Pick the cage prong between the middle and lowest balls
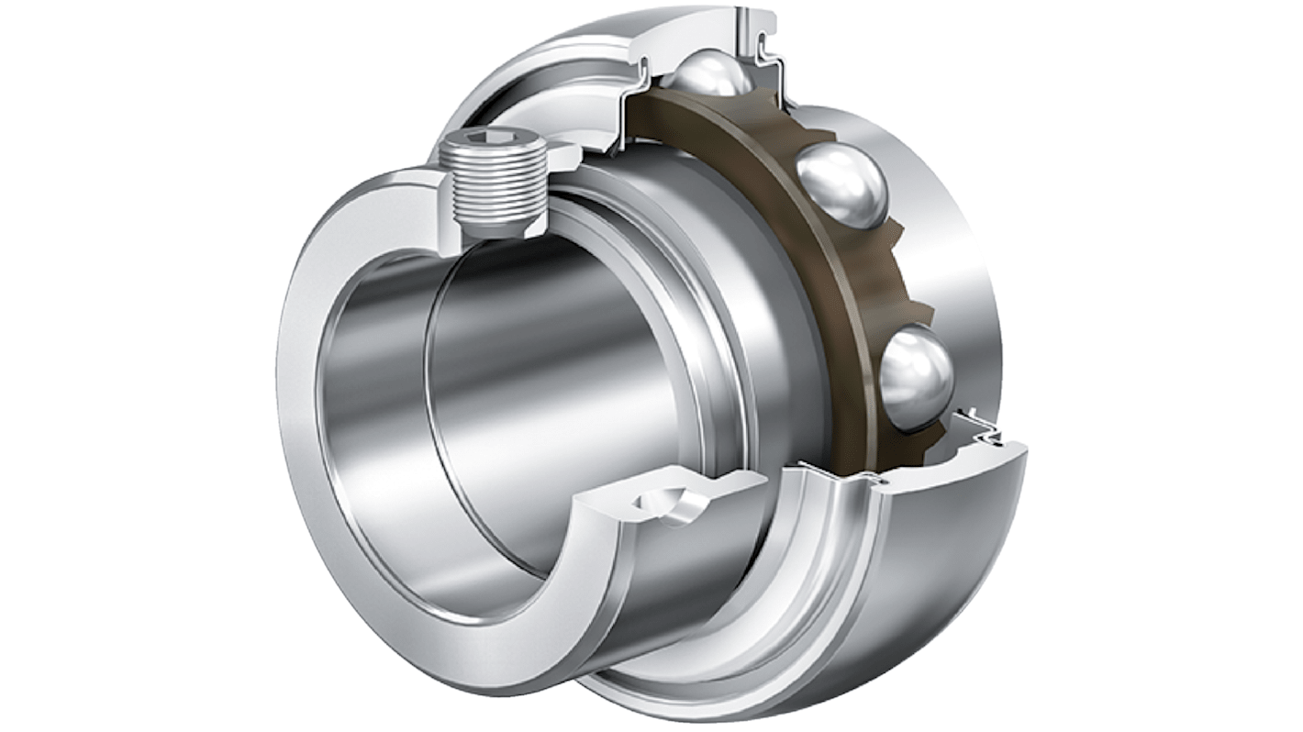904,294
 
